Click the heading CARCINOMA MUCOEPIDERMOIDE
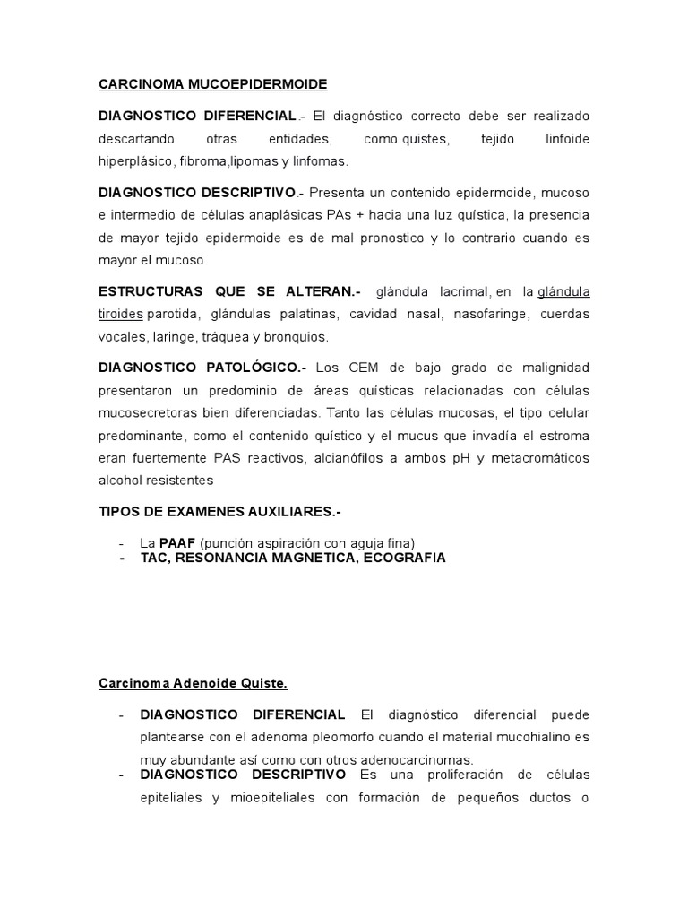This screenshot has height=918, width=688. pos(212,84)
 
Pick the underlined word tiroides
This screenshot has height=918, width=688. pos(121,315)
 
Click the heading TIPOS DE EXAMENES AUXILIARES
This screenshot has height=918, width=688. pos(219,511)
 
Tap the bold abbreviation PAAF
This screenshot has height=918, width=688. pos(177,542)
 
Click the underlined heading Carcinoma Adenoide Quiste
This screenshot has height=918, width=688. pos(193,684)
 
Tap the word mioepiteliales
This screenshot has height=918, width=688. pos(272,797)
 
